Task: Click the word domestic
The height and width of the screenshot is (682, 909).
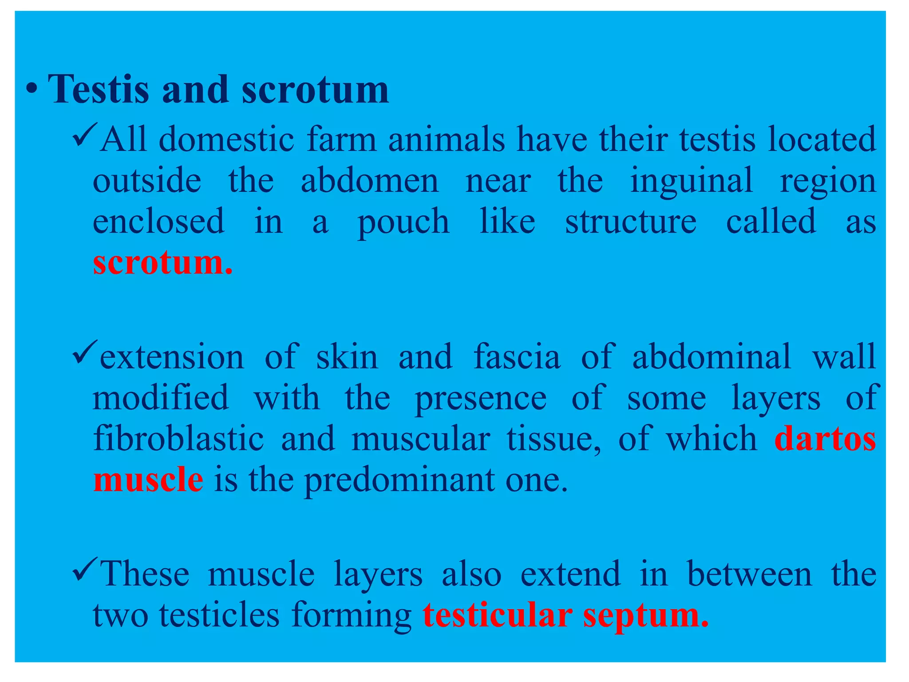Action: pos(226,139)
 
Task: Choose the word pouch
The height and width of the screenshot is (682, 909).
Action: pos(403,222)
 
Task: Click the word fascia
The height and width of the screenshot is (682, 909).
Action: pos(517,357)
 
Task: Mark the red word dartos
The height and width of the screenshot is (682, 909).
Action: pos(825,438)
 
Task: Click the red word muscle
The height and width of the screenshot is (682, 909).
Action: pos(148,480)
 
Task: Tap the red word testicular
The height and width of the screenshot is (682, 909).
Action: pos(497,615)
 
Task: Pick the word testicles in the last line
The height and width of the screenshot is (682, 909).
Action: pos(219,615)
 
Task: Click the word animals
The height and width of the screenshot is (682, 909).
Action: pos(446,139)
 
